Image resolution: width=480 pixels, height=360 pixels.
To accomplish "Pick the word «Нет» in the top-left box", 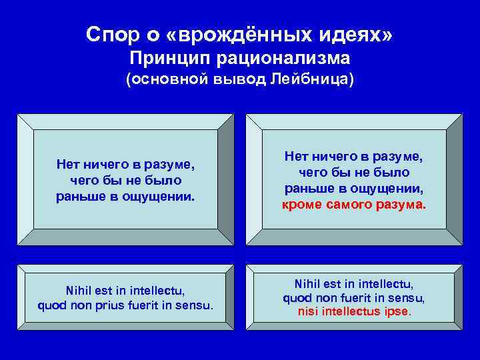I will click(x=68, y=164).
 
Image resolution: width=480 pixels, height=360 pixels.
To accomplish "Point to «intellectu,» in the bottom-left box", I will click(x=155, y=291).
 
